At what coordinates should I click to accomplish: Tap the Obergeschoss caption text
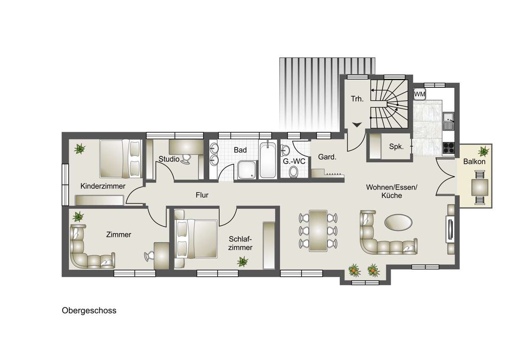(89, 311)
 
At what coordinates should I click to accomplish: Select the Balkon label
(474, 162)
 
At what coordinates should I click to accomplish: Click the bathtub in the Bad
(268, 160)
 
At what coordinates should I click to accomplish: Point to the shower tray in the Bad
(246, 170)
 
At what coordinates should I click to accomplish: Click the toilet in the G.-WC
(293, 172)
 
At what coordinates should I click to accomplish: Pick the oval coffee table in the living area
(397, 221)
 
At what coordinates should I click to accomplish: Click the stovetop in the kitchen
(448, 147)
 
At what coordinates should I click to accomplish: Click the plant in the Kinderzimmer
(79, 149)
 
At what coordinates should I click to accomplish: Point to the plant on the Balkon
(482, 151)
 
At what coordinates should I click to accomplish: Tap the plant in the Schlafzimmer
(243, 261)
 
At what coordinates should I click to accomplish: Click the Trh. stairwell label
(357, 99)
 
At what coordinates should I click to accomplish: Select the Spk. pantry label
(395, 147)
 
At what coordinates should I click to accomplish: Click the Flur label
(202, 195)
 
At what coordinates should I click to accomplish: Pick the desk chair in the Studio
(186, 159)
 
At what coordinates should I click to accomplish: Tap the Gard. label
(327, 157)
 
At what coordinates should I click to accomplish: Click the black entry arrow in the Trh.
(357, 124)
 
